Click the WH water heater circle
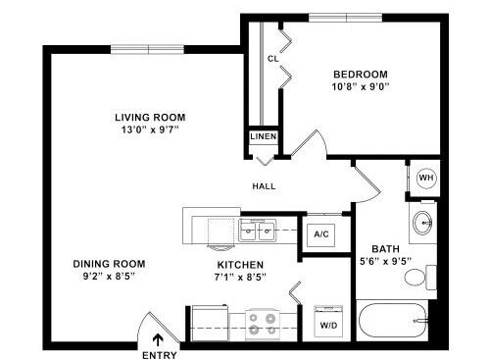[x=426, y=178]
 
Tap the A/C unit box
[x=321, y=235]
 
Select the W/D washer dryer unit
[x=328, y=322]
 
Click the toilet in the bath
[x=420, y=278]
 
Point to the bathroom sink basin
[x=422, y=223]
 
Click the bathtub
[x=393, y=321]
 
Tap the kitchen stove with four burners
[x=263, y=324]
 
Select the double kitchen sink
[x=258, y=231]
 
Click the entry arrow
[x=158, y=340]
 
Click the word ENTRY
[x=160, y=355]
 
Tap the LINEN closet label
[x=264, y=136]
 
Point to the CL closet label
[x=273, y=59]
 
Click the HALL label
[x=264, y=186]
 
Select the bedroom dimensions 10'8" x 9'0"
[x=361, y=87]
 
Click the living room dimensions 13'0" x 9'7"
[x=150, y=129]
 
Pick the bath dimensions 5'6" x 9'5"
[x=385, y=261]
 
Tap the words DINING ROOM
[x=109, y=264]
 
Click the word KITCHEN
[x=240, y=265]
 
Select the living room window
[x=147, y=49]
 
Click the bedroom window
[x=345, y=18]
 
